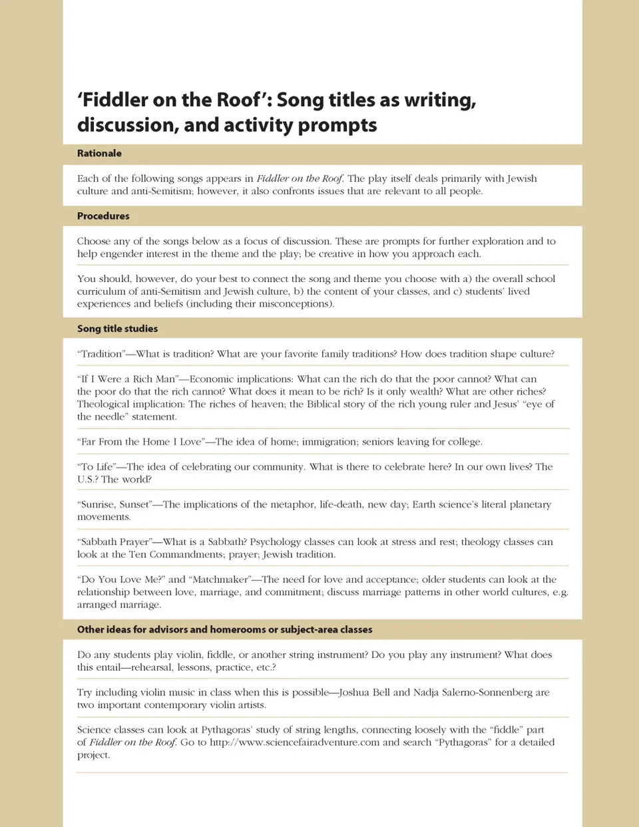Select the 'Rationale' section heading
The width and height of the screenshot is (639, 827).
point(99,154)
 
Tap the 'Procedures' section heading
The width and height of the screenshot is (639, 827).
point(103,216)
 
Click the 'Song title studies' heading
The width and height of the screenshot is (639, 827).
point(117,329)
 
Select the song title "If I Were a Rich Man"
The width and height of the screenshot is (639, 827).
point(128,379)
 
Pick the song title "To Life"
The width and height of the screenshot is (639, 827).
point(97,467)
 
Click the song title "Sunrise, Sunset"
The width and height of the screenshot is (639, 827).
point(114,504)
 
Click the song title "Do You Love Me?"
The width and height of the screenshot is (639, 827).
point(121,579)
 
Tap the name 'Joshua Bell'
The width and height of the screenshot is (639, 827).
point(364,693)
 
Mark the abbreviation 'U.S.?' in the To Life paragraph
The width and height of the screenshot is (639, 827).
point(88,480)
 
